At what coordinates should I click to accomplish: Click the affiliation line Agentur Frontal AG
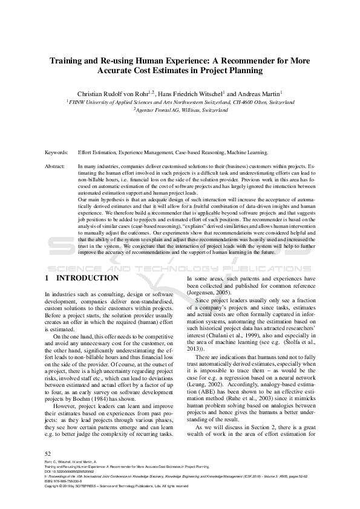click(x=181, y=111)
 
